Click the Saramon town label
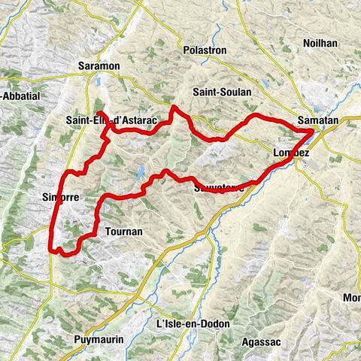click(99, 66)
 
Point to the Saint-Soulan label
click(221, 92)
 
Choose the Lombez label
click(292, 153)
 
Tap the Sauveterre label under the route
click(218, 188)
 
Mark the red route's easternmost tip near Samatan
click(313, 132)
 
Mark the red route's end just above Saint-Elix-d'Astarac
click(99, 113)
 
